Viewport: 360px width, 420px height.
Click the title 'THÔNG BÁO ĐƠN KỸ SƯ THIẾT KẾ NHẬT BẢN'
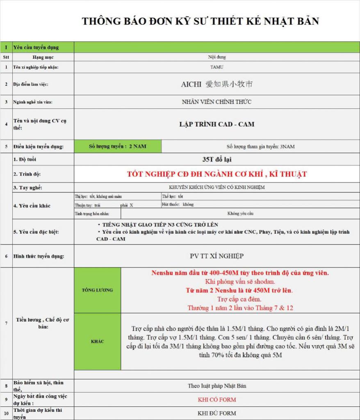pyautogui.click(x=200, y=21)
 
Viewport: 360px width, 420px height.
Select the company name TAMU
pyautogui.click(x=216, y=67)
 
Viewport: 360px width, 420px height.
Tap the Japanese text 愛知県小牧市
pyautogui.click(x=229, y=84)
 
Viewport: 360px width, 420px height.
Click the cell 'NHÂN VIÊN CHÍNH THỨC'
pyautogui.click(x=216, y=102)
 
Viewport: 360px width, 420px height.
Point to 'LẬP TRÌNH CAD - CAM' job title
pyautogui.click(x=216, y=124)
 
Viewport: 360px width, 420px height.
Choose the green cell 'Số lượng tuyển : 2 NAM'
pyautogui.click(x=118, y=146)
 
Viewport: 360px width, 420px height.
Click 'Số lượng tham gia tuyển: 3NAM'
pyautogui.click(x=260, y=146)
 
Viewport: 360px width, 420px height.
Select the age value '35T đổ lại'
pyautogui.click(x=216, y=159)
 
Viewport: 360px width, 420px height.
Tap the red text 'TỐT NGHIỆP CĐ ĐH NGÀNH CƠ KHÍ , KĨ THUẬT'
pyautogui.click(x=216, y=174)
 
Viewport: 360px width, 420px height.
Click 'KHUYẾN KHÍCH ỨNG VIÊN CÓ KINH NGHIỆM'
pyautogui.click(x=216, y=187)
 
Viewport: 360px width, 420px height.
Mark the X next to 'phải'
pyautogui.click(x=131, y=205)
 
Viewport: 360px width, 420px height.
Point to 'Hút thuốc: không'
pyautogui.click(x=178, y=204)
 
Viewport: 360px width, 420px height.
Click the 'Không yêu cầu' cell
pyautogui.click(x=240, y=214)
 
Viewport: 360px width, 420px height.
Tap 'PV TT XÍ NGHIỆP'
pyautogui.click(x=216, y=256)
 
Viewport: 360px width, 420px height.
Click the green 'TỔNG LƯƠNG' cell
pyautogui.click(x=97, y=290)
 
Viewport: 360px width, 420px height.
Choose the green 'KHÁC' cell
pyautogui.click(x=97, y=341)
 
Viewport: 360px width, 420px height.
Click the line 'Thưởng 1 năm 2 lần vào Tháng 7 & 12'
pyautogui.click(x=240, y=308)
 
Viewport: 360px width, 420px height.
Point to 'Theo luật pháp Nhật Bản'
pyautogui.click(x=216, y=386)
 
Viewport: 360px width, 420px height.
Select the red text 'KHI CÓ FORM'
pyautogui.click(x=216, y=399)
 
